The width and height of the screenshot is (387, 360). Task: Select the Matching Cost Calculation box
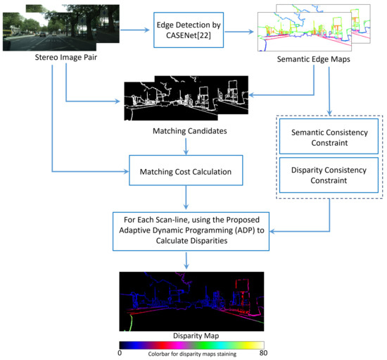tap(186, 170)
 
